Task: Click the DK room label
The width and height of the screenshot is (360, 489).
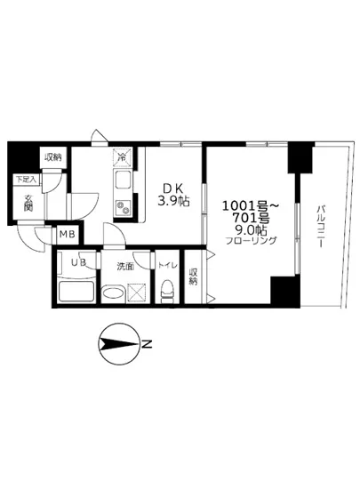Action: click(172, 188)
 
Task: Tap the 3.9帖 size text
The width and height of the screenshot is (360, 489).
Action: click(172, 201)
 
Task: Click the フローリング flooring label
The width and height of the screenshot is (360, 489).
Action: click(250, 241)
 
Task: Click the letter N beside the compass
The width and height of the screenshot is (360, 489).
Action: click(148, 344)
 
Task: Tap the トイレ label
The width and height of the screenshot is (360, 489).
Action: click(166, 264)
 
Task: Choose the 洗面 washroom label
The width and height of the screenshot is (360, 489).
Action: click(124, 264)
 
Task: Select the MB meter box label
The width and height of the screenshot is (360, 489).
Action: click(67, 235)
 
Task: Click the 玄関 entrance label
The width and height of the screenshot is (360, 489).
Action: click(28, 203)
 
